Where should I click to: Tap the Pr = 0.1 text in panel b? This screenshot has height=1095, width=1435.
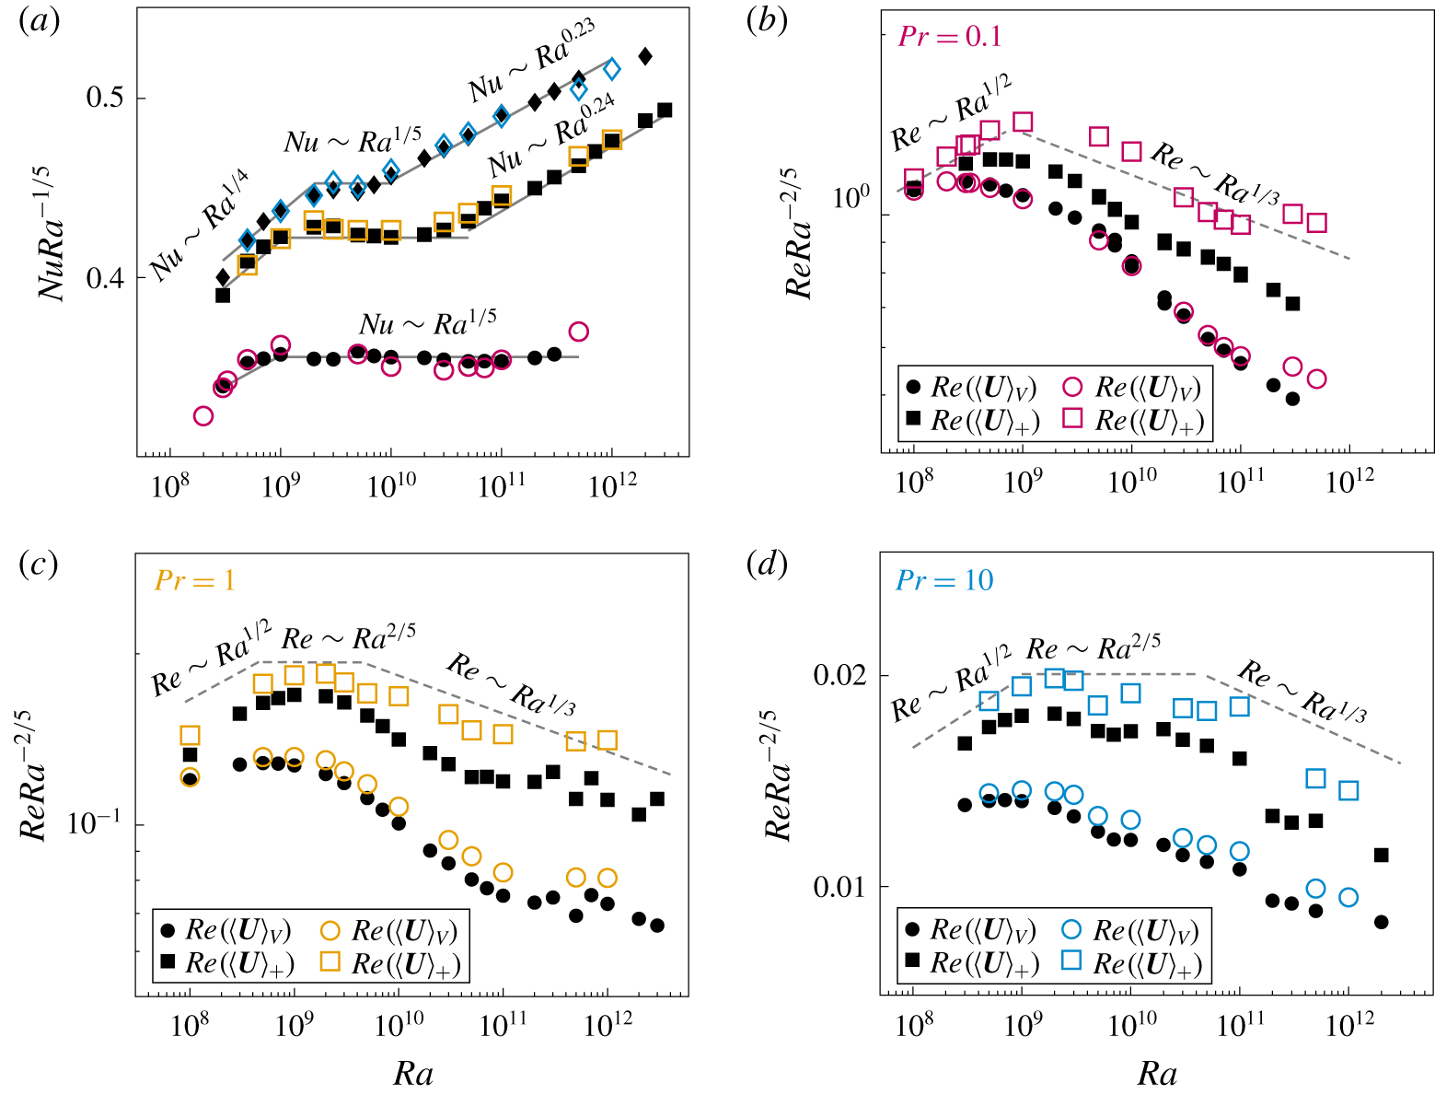coord(949,36)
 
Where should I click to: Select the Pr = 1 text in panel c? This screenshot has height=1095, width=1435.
coord(194,579)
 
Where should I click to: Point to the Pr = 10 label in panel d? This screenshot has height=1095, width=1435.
coord(944,579)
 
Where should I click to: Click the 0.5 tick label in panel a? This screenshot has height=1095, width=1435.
coord(105,99)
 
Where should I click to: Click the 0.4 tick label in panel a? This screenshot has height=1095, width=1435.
coord(105,277)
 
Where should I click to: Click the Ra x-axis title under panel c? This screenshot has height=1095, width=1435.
coord(413,1073)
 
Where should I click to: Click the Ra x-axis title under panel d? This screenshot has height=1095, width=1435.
coord(1157,1073)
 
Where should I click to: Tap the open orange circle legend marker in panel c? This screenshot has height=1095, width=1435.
coord(330,929)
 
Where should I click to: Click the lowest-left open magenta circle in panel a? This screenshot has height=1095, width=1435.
coord(203,416)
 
